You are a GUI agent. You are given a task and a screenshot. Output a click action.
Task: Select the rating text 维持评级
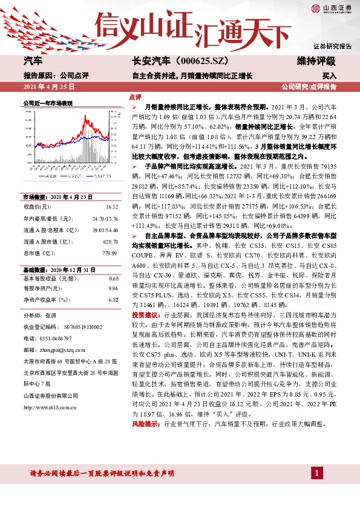click(316, 61)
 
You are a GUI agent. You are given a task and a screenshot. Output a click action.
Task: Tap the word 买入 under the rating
click(329, 76)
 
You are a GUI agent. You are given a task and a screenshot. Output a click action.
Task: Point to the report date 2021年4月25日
click(49, 87)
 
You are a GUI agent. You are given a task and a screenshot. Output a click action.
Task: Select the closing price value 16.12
click(112, 207)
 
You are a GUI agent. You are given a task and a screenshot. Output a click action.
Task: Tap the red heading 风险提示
click(144, 407)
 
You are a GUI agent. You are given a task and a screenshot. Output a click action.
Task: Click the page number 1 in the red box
click(316, 472)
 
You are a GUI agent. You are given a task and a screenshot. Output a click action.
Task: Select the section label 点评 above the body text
click(135, 97)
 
